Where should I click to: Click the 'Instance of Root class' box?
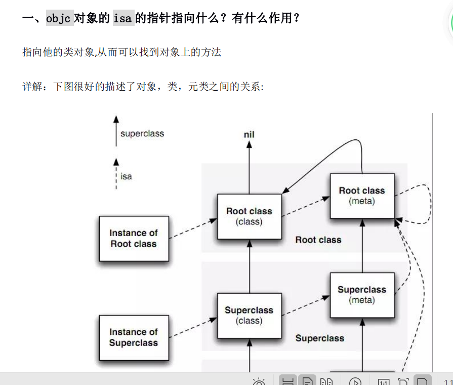point(134,239)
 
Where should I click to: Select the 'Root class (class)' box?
point(249,216)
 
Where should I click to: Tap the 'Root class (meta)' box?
point(362,196)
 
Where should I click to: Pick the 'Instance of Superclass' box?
point(134,337)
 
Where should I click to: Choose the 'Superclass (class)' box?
point(249,315)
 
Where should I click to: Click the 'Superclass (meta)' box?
point(362,295)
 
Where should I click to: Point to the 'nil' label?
point(249,134)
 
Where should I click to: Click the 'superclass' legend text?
point(142,134)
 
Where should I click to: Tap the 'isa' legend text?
point(126,176)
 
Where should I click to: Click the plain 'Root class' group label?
point(318,240)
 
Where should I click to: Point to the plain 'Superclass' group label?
point(320,338)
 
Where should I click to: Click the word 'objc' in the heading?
point(59,19)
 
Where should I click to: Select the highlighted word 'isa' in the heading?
point(123,19)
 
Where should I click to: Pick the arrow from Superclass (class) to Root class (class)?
point(249,266)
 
